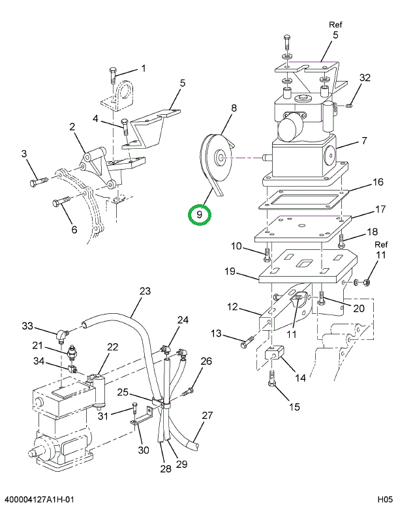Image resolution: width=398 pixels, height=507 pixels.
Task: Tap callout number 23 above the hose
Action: click(x=145, y=291)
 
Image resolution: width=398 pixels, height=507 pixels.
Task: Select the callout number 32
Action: click(x=365, y=78)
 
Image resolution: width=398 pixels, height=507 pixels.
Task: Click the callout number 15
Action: click(x=294, y=407)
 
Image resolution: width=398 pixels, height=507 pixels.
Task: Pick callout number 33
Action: click(x=27, y=326)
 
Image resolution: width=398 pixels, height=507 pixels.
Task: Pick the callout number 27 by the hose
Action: click(x=207, y=416)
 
